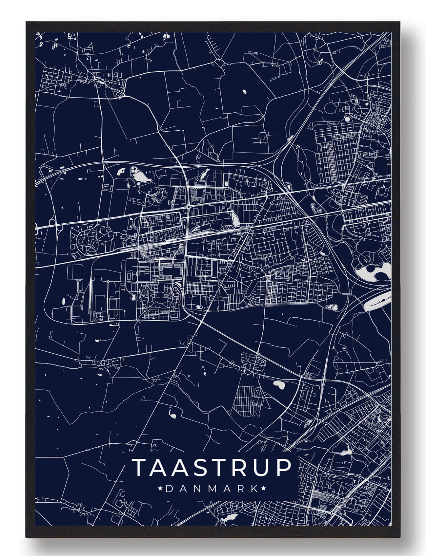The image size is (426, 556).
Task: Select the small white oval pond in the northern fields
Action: (244, 92)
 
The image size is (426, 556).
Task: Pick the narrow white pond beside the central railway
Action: (235, 218)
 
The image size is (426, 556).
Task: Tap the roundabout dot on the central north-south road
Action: (188, 207)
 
